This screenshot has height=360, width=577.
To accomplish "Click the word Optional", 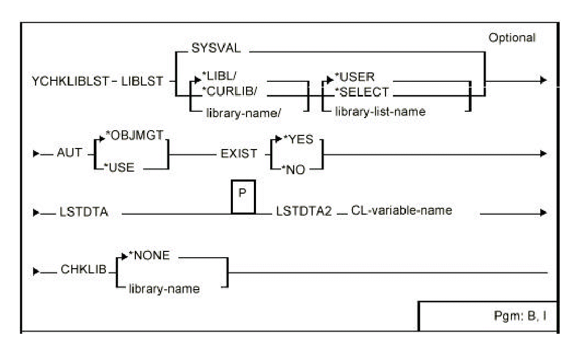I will (x=511, y=38).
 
